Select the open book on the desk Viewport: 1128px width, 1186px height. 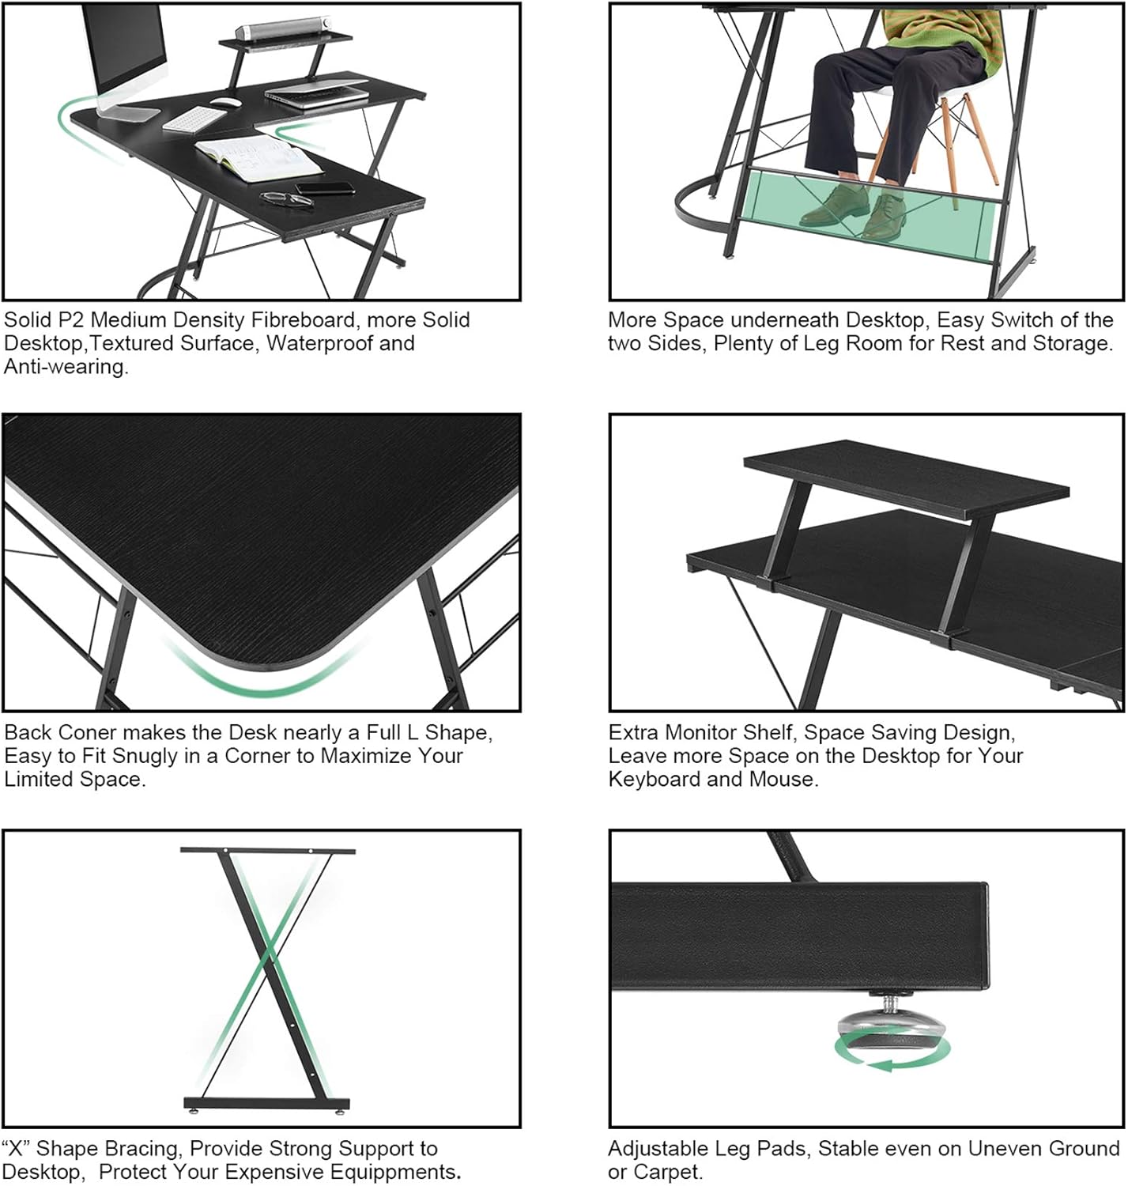click(258, 157)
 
